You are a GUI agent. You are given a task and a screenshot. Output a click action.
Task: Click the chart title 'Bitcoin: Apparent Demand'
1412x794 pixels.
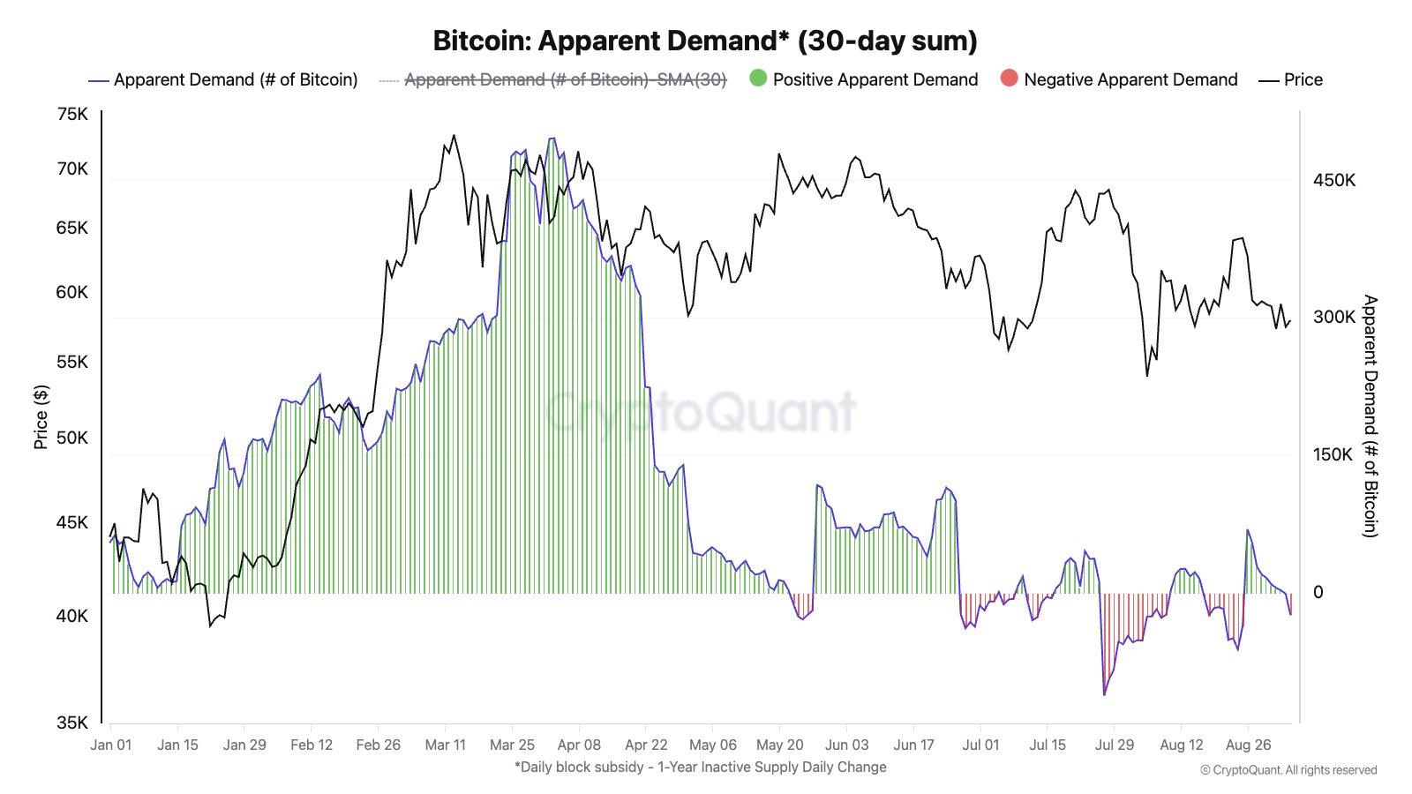(704, 41)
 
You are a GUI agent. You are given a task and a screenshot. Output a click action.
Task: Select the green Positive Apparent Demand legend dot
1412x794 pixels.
(758, 79)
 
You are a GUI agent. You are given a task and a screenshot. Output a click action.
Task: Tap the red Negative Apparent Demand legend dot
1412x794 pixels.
(1009, 79)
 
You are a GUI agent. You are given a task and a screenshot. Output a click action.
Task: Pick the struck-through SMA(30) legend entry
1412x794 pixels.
(565, 79)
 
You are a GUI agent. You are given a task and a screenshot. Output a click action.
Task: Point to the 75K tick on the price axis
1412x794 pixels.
(72, 114)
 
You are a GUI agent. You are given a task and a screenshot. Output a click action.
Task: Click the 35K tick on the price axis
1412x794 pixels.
(72, 723)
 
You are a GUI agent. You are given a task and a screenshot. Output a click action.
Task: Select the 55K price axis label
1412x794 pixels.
(72, 362)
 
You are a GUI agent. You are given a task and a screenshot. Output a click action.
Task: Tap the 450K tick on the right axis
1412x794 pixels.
(1333, 180)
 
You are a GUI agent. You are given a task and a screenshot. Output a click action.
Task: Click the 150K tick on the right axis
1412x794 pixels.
(1333, 454)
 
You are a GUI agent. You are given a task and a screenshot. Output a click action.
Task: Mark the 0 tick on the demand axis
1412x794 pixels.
(1318, 592)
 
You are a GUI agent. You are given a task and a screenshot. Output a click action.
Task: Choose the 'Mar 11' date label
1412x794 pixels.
(445, 745)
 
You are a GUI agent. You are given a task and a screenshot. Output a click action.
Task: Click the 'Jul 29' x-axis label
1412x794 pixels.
(1115, 745)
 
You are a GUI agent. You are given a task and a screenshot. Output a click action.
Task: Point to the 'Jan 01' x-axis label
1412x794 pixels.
(111, 745)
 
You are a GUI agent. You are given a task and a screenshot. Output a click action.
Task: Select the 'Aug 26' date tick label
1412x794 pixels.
(1248, 745)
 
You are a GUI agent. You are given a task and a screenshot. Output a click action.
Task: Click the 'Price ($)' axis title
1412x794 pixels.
(41, 416)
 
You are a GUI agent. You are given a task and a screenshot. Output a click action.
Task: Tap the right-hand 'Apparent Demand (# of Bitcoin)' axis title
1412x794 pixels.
(1370, 416)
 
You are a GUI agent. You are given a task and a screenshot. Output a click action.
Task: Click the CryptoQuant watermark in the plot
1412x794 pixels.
(701, 411)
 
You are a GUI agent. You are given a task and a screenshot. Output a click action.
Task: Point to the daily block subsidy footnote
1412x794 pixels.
(701, 767)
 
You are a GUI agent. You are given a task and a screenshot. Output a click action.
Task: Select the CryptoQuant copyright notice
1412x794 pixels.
(1288, 770)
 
